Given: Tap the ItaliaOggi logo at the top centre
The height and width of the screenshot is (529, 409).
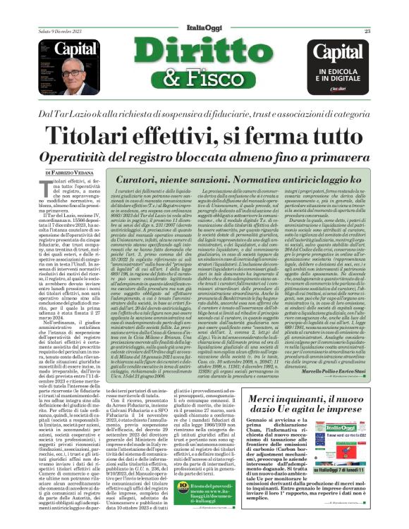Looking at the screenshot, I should point(203,30).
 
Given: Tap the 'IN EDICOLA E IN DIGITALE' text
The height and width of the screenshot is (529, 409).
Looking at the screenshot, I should point(341,76).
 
